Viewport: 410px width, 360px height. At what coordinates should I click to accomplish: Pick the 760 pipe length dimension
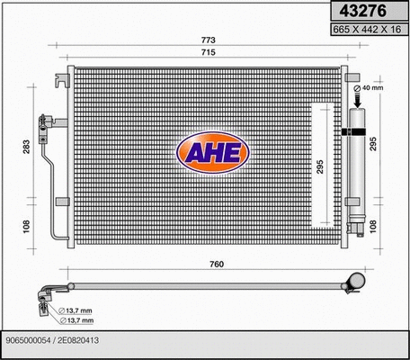coord(216,264)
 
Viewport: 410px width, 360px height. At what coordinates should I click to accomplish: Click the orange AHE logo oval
coord(212,152)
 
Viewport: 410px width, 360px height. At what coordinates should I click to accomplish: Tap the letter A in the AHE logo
coord(192,153)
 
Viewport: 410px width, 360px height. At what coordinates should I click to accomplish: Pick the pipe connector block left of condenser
coord(42,123)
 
